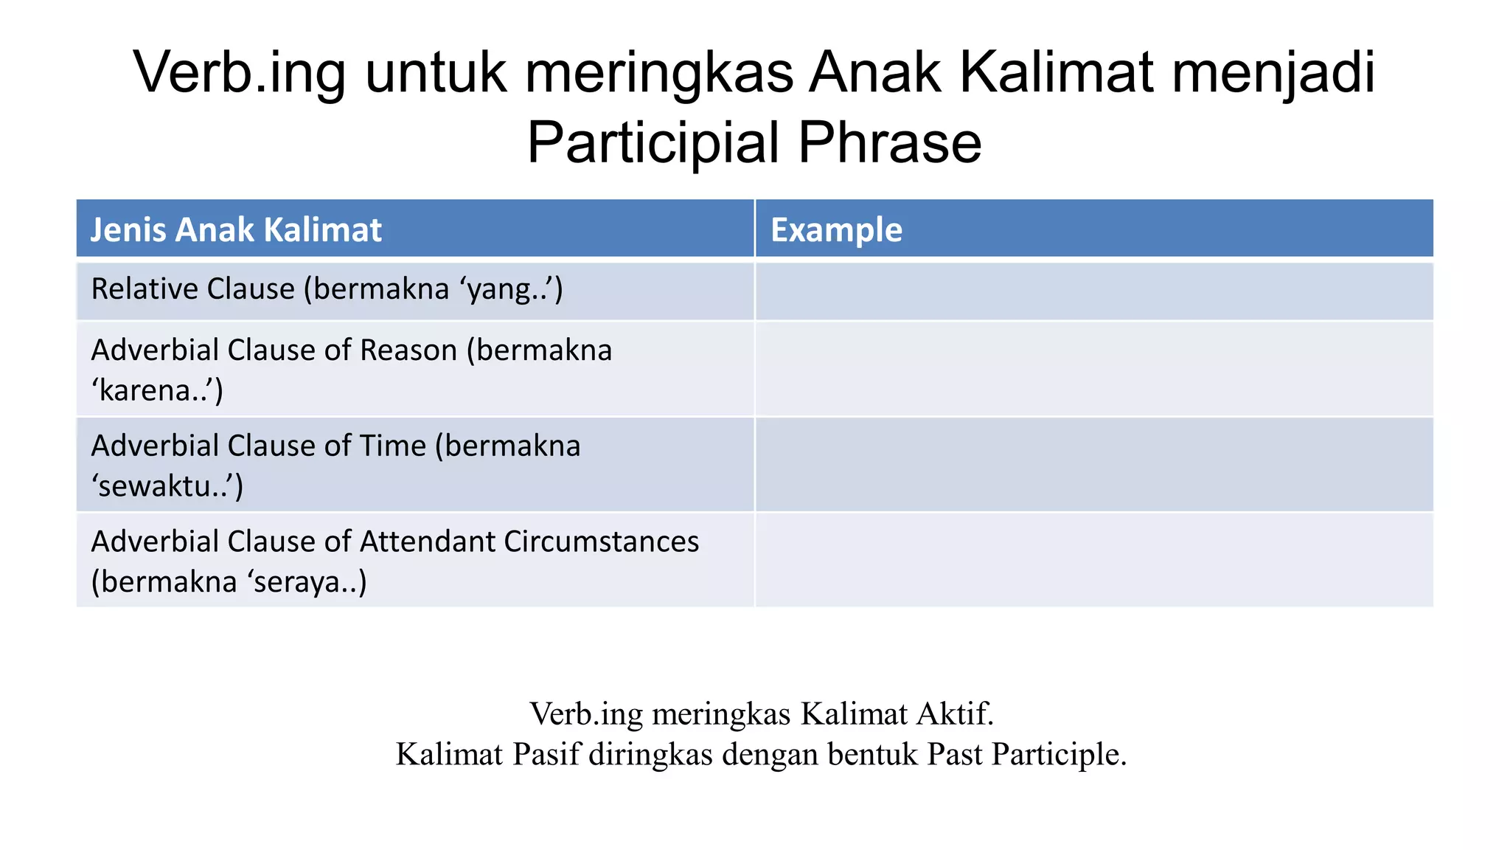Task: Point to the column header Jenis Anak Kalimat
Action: click(x=236, y=229)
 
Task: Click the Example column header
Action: click(x=836, y=229)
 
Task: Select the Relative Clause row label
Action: click(x=192, y=288)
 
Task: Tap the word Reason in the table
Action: click(x=408, y=350)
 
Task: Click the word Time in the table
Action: click(x=392, y=446)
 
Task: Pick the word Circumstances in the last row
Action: click(x=602, y=542)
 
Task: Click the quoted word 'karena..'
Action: click(x=157, y=390)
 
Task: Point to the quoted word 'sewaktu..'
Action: click(x=167, y=486)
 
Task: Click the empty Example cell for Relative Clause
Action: click(x=1094, y=291)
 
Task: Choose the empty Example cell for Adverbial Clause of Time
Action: click(x=1094, y=465)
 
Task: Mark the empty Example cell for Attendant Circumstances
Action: click(x=1094, y=560)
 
